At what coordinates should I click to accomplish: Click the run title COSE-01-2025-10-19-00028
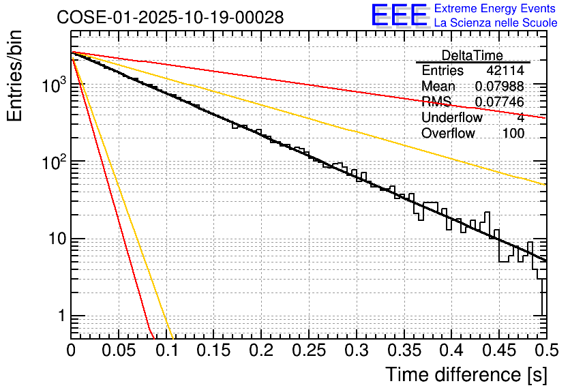(x=170, y=18)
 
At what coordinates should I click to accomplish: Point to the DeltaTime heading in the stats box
(x=472, y=55)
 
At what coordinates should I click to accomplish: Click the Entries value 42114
(x=505, y=71)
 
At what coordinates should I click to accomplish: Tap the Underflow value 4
(x=520, y=118)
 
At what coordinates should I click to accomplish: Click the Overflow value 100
(x=513, y=134)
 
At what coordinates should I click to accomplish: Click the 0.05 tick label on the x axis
(x=118, y=350)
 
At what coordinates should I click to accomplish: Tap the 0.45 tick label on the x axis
(x=498, y=350)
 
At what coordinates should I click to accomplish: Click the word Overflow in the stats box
(x=448, y=134)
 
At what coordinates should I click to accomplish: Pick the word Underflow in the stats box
(x=452, y=118)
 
